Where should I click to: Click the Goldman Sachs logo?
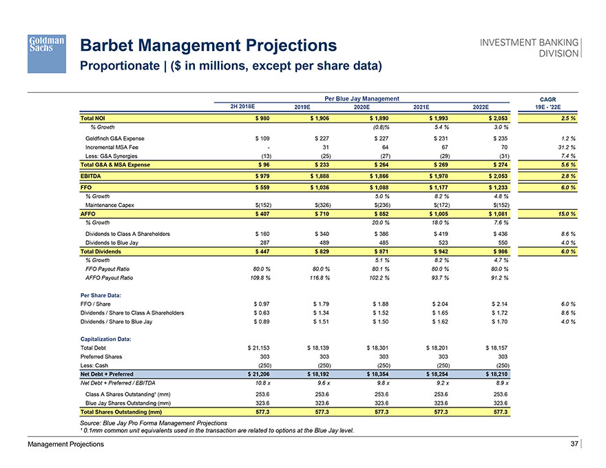(x=47, y=53)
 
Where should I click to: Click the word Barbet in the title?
(x=113, y=46)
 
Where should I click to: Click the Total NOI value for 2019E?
(x=317, y=118)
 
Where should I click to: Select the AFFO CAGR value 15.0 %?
(x=565, y=213)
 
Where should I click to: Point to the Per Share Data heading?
(x=104, y=295)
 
